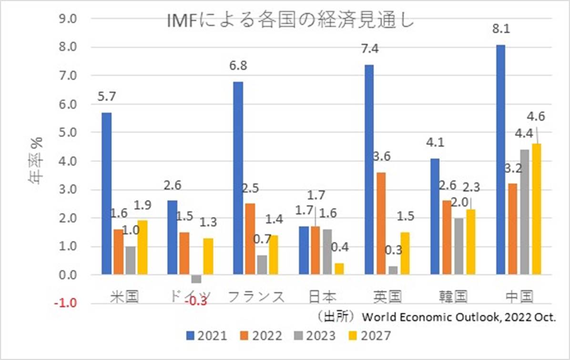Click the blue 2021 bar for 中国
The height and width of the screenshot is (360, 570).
coord(501,160)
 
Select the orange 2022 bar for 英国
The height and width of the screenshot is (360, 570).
coord(382,223)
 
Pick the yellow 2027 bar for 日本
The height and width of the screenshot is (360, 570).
coord(339,269)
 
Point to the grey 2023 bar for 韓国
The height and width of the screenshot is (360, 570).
coord(459,246)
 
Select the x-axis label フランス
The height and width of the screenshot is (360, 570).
coord(256,297)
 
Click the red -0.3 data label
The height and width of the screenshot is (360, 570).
coord(196,301)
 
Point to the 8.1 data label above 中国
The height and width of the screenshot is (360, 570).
coord(501,29)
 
